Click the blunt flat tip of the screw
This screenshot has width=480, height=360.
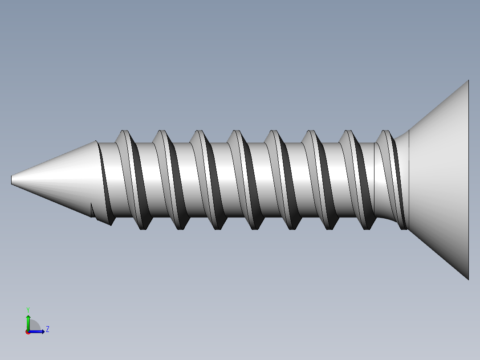[12, 180]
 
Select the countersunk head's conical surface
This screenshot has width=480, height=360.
[441, 178]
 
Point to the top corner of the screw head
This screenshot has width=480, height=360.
[468, 81]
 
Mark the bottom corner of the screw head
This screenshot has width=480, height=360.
[468, 278]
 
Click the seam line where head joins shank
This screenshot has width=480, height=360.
[409, 178]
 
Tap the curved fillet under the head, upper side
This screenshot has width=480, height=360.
[401, 135]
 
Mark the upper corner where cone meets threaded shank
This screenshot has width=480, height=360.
[97, 141]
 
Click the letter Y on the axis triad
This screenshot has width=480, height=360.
[28, 309]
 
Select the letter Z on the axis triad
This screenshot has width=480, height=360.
[47, 329]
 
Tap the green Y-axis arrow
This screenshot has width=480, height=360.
[28, 321]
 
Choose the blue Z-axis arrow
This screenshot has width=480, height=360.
[38, 331]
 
